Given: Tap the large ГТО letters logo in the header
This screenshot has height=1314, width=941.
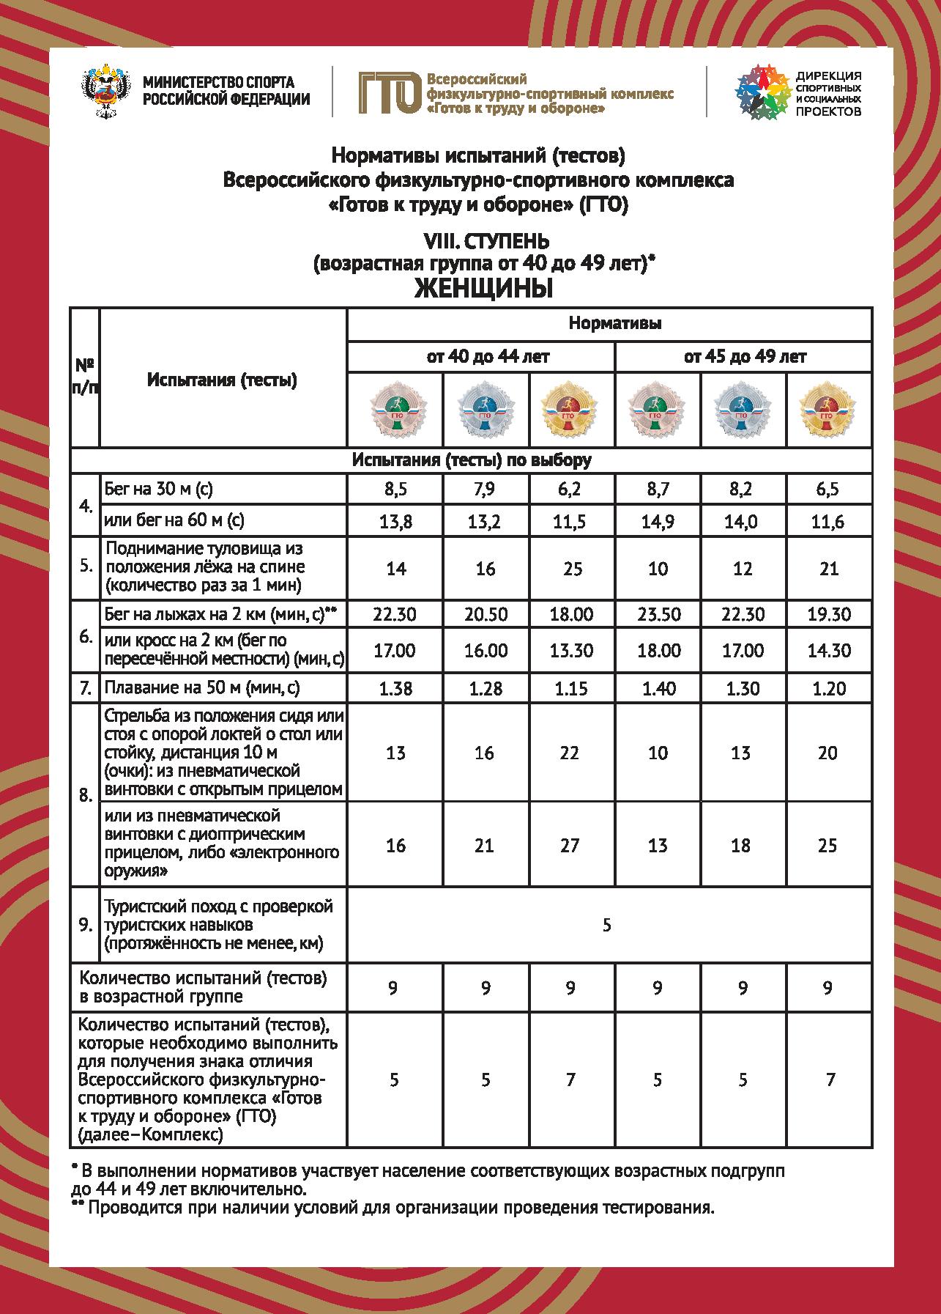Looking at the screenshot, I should (389, 93).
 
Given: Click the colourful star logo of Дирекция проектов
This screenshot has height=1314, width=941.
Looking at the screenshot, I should (760, 92).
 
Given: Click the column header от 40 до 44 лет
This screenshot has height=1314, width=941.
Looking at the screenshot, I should (480, 357).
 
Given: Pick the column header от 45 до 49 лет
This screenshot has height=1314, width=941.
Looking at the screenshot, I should (744, 357).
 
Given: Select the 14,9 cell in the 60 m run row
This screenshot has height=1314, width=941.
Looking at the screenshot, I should (658, 522).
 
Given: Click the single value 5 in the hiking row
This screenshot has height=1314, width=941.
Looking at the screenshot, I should (607, 925).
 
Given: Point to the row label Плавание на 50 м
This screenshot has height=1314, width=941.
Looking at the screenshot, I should (202, 688).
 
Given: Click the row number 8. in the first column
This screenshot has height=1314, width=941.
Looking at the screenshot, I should (86, 795).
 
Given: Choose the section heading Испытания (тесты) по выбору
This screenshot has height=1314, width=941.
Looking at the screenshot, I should (471, 460).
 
